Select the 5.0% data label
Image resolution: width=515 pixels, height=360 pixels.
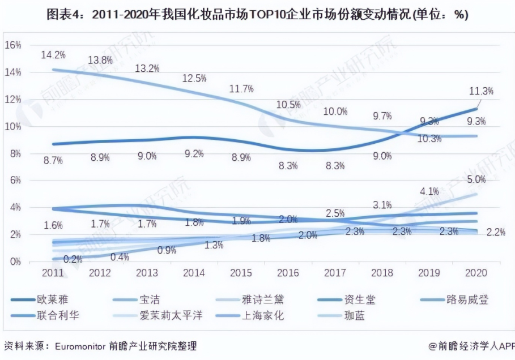pos(476,180)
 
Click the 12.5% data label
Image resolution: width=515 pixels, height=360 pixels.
pos(193,79)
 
